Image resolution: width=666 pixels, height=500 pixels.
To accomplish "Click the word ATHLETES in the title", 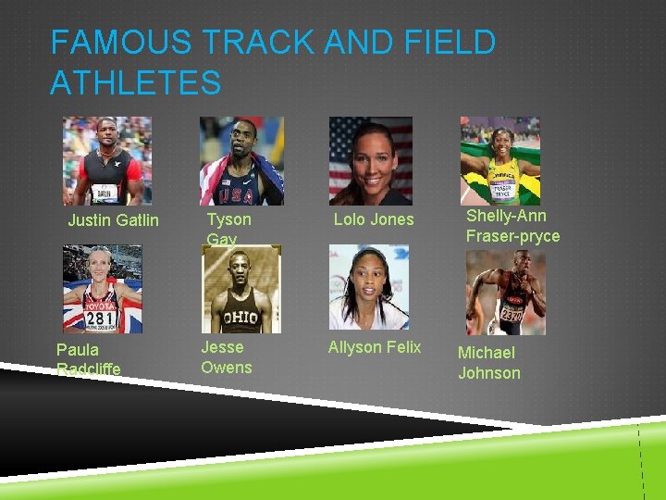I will [136, 82].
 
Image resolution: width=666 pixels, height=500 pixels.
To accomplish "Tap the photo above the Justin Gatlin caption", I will [106, 160].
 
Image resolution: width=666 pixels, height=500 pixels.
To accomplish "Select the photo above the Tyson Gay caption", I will [241, 160].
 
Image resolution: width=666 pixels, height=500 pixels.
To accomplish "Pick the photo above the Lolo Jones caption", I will [370, 160].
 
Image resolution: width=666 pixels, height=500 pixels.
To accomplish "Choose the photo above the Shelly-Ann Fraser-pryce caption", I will [499, 160].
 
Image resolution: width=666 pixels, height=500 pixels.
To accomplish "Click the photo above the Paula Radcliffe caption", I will [102, 288].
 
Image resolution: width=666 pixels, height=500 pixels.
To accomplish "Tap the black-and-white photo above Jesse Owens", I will [240, 289].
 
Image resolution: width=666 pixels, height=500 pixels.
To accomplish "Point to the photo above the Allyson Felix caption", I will [368, 287].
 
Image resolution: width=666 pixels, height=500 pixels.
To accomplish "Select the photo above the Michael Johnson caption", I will [505, 293].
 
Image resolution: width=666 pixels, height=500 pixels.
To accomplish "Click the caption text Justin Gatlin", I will [113, 220].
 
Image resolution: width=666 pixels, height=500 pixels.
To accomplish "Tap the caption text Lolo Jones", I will [374, 219].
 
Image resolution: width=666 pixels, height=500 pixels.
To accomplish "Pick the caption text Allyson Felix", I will [375, 347].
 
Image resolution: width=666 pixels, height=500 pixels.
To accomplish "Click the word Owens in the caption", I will [227, 368].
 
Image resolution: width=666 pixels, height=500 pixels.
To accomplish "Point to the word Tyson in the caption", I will [228, 219].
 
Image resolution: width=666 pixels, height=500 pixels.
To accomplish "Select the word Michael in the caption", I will [487, 353].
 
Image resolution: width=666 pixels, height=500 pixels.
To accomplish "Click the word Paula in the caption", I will [78, 350].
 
